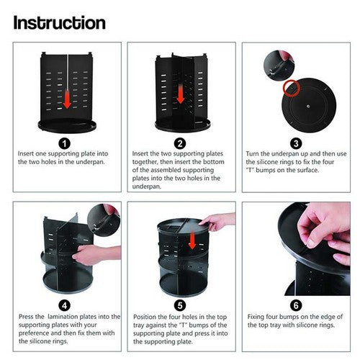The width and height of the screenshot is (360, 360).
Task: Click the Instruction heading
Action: click(60, 22)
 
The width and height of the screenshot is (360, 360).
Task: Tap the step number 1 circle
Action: click(66, 143)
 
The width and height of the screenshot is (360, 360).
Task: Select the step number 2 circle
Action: click(179, 143)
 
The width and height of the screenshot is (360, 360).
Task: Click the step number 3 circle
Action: click(295, 143)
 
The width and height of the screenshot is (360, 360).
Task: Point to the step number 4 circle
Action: click(66, 305)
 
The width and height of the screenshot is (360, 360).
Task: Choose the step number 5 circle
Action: click(179, 305)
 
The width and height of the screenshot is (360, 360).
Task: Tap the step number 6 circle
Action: click(295, 305)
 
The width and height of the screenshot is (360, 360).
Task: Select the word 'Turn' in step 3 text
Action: click(256, 153)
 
